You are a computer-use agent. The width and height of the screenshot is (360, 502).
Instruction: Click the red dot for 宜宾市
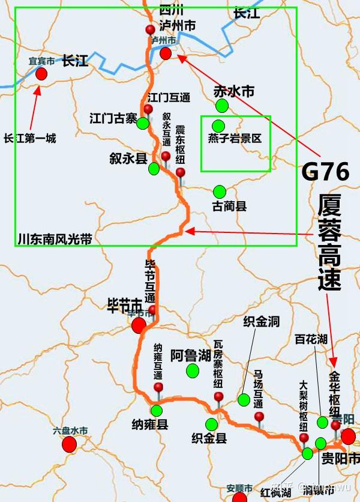[41, 73]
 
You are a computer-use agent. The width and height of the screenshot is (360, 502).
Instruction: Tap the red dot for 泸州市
[166, 53]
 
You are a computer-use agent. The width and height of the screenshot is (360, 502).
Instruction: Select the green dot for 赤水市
[223, 106]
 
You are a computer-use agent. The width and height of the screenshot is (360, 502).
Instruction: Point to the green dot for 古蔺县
[220, 192]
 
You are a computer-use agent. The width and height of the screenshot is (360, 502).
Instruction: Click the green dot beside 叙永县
[154, 169]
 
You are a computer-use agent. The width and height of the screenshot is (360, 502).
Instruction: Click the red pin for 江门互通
[148, 109]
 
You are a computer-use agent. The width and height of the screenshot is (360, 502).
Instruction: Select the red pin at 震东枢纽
[180, 173]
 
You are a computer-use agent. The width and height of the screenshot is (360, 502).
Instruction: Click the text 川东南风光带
[55, 239]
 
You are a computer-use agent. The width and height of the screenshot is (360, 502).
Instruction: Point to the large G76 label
[325, 172]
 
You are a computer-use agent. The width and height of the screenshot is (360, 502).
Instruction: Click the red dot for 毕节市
[139, 325]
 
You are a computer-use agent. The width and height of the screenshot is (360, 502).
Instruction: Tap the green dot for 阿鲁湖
[192, 370]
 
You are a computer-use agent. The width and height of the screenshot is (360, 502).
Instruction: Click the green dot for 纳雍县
[157, 411]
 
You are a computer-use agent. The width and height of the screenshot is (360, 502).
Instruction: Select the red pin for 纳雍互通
[158, 388]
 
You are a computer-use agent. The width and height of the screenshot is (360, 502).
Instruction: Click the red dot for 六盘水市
[69, 444]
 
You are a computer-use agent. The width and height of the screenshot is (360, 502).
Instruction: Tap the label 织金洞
[261, 322]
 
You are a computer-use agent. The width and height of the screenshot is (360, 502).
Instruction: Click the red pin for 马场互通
[259, 416]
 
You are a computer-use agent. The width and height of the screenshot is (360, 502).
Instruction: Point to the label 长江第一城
[29, 138]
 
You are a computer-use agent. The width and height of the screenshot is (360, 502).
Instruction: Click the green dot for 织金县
[211, 424]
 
